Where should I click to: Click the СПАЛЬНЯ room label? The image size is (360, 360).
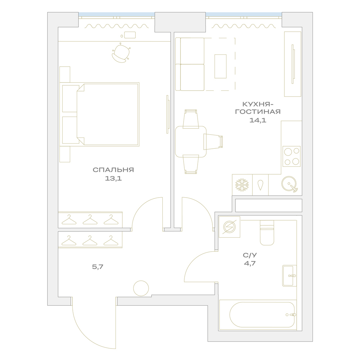point(113,170)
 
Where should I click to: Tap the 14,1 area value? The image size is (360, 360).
point(258,120)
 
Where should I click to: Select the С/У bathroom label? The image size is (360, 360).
point(250,255)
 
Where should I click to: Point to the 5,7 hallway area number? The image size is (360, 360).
point(98,267)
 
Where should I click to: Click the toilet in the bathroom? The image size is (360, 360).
point(267,233)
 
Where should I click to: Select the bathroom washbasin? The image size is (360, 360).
point(289,276)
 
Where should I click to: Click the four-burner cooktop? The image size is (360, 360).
point(292,156)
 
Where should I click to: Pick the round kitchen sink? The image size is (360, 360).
point(289,184)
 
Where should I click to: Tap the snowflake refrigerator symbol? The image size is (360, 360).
point(242,185)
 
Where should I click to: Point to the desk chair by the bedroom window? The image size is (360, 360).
point(121,53)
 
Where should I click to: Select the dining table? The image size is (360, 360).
point(190,141)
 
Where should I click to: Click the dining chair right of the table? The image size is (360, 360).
point(213,141)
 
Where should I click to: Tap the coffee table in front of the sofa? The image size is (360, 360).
point(220,66)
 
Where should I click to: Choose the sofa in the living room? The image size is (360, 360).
point(190,64)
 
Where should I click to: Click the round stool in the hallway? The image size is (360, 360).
point(141,288)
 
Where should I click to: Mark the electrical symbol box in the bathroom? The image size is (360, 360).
point(229,227)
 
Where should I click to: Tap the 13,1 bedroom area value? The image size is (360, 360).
point(113,179)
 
